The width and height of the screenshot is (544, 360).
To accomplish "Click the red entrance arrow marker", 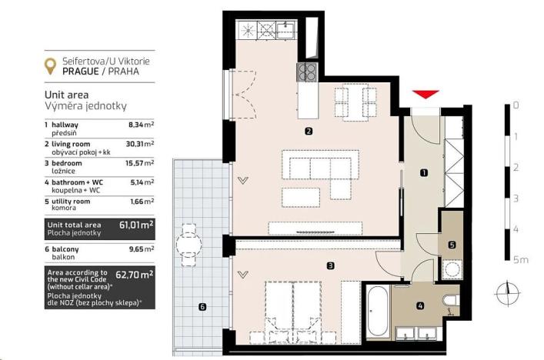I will point(426,94).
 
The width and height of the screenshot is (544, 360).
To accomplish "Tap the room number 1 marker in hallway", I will point(424,173).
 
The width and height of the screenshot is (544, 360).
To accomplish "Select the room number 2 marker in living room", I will point(308,131).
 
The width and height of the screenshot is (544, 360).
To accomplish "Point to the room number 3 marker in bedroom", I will point(329,266).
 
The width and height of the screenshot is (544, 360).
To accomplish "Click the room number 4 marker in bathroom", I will point(452,245).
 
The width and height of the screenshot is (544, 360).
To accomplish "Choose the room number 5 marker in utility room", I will point(202,308).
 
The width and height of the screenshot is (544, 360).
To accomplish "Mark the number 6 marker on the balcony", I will point(202,308).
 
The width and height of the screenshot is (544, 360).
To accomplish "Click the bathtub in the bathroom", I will point(379,312).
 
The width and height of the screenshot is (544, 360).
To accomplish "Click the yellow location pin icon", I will point(51,66).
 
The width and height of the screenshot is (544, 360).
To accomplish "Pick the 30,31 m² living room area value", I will point(140,143).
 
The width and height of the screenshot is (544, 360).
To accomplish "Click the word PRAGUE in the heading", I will point(82,77).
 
